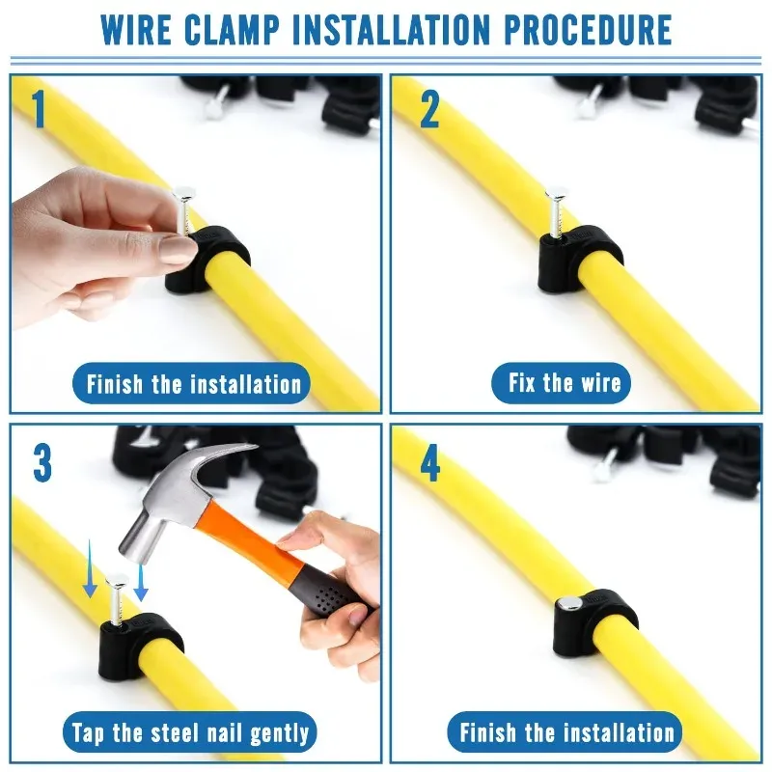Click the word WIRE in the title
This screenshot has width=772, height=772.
(x=136, y=30)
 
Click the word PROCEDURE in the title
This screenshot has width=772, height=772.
(x=588, y=30)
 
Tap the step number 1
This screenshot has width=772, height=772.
(x=39, y=109)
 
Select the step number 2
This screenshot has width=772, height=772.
(x=429, y=110)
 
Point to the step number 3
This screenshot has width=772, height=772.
(x=42, y=463)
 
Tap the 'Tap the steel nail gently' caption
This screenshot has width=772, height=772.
(x=190, y=732)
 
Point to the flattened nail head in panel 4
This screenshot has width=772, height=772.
(x=570, y=602)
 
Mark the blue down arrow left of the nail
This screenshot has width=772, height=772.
(x=90, y=568)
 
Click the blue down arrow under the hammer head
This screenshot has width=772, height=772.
(x=141, y=583)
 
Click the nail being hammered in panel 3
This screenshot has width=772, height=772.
(x=117, y=599)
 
